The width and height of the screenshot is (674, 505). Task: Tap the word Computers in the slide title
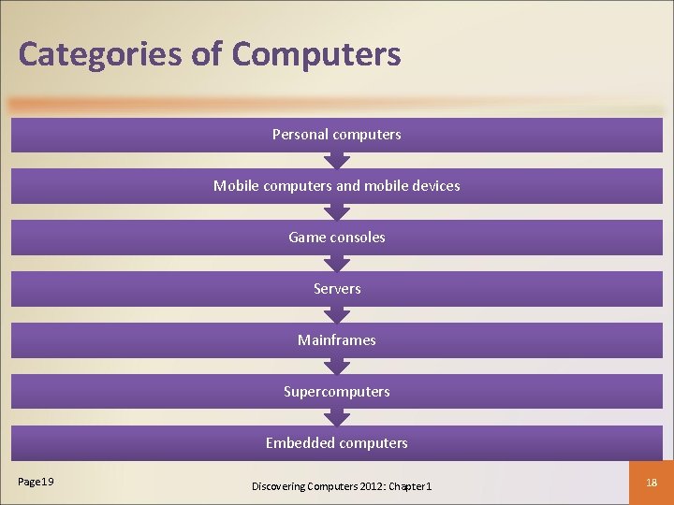pos(316,54)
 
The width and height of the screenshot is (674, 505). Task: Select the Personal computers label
pos(337,135)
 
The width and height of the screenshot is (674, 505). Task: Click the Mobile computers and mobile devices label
pos(337,186)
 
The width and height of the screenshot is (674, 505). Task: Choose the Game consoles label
pos(337,238)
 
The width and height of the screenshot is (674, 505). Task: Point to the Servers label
pos(337,289)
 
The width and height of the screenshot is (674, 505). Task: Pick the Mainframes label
pos(337,340)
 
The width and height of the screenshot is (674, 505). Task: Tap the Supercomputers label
pos(337,392)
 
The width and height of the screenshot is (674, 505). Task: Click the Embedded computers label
pos(337,443)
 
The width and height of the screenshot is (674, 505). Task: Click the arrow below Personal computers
pos(337,160)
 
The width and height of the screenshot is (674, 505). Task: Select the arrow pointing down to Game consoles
pos(337,211)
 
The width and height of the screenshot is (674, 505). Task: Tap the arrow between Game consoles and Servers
pos(337,263)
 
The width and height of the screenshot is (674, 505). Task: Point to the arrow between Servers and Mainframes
pos(337,314)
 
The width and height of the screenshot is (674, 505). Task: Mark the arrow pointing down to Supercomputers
pos(337,366)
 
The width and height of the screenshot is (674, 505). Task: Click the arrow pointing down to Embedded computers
pos(337,417)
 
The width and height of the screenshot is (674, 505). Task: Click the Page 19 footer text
pos(37,482)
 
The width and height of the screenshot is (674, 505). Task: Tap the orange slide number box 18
pos(652,481)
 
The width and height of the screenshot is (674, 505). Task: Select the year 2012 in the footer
pos(368,486)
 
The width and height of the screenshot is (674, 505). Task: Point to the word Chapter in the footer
pos(405,486)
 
